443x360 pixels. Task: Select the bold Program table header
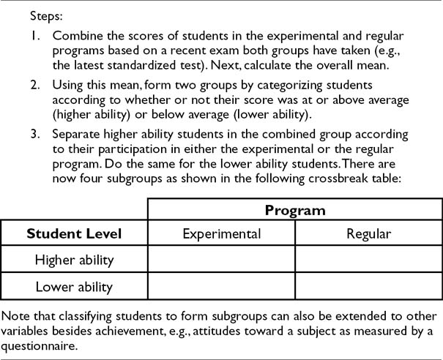[295, 210]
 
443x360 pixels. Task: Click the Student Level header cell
[74, 234]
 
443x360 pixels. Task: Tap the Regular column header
[369, 234]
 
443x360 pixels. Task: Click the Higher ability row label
[74, 259]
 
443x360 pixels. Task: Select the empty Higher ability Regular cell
[369, 259]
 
